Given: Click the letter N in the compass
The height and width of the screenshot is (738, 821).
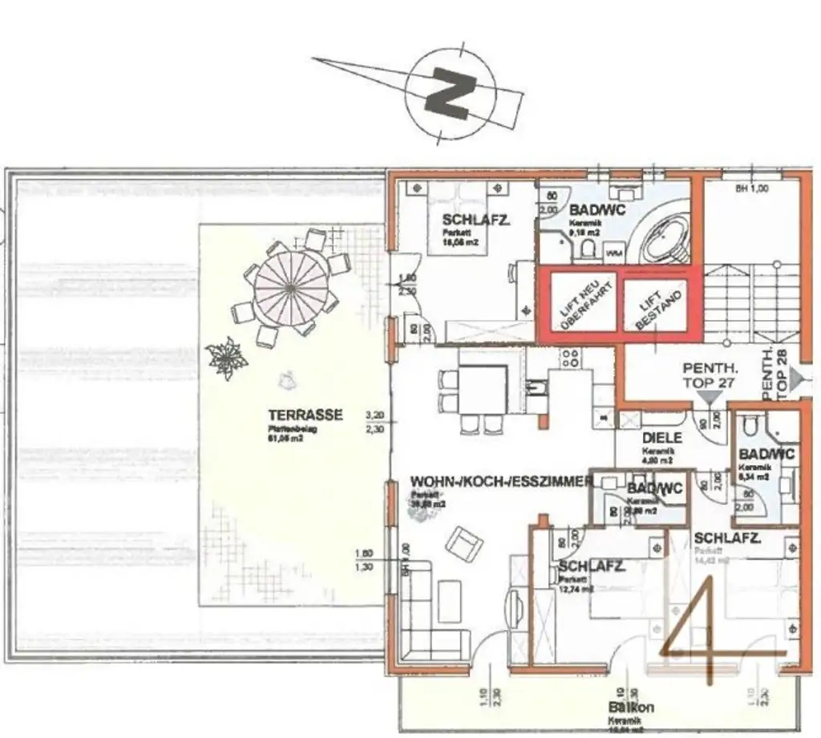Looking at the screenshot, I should (449, 90).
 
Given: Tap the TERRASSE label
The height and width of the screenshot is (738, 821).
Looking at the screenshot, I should (305, 415).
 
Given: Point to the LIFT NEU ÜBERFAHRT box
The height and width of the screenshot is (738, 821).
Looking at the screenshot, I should (580, 301).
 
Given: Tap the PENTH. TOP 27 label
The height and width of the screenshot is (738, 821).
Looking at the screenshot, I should (709, 375).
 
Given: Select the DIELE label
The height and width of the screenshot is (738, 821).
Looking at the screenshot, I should (662, 438).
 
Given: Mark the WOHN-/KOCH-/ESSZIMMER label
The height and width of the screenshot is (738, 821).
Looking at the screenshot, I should (501, 481).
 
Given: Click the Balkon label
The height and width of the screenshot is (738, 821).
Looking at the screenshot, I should (631, 708).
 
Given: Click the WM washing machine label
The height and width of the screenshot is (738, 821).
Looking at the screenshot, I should (615, 253).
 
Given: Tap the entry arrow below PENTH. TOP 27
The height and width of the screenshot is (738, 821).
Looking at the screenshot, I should (710, 395).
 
